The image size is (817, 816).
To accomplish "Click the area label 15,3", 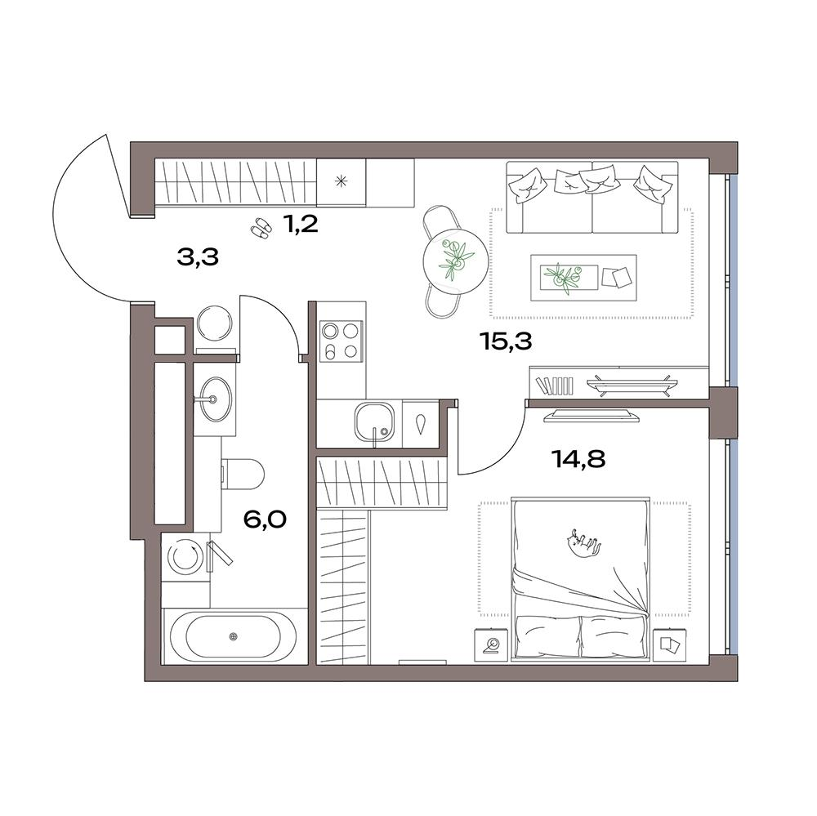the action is [506, 342].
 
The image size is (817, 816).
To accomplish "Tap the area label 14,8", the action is [578, 460].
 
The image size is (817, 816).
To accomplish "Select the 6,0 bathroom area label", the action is [266, 519].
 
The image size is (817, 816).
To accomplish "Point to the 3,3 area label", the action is [198, 256].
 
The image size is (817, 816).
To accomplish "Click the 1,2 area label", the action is [301, 225].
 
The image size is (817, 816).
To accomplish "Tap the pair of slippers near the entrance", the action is [260, 229].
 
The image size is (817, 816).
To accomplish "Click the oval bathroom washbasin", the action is [215, 399].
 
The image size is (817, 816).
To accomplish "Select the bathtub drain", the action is [233, 635].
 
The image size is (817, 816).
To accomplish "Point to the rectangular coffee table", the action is [583, 277].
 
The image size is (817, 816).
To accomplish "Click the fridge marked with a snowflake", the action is [342, 182].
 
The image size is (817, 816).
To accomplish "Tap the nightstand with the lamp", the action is [491, 645].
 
